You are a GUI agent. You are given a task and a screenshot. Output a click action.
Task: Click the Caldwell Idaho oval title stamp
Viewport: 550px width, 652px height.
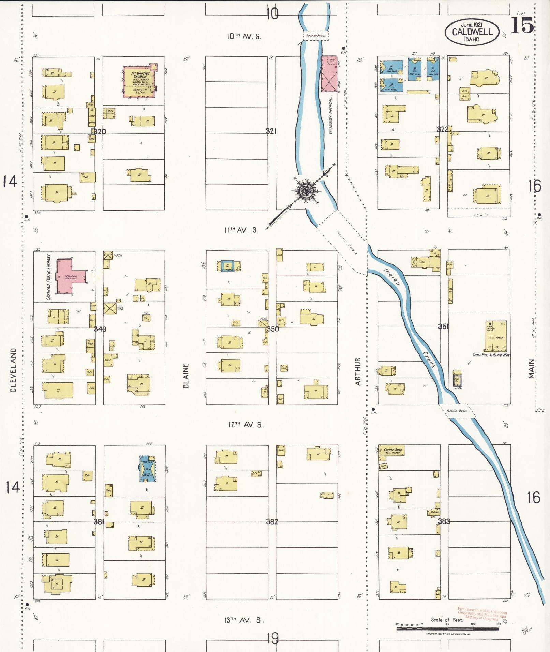(472, 32)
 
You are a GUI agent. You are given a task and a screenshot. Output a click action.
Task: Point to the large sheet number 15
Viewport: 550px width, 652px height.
(522, 26)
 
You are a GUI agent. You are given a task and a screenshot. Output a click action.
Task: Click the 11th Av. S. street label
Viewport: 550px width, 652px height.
(241, 230)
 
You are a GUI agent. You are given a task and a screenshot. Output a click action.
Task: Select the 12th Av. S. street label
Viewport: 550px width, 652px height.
(246, 425)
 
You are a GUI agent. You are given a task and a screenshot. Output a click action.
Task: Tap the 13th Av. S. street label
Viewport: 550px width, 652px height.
(244, 620)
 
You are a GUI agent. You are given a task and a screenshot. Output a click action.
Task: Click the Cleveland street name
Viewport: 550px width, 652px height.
(13, 370)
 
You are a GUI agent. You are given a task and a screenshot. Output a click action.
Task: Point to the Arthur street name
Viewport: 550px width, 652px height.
(358, 371)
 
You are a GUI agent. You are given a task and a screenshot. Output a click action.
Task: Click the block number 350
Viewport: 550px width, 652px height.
(273, 329)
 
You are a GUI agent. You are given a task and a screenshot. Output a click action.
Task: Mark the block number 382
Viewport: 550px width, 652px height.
(272, 521)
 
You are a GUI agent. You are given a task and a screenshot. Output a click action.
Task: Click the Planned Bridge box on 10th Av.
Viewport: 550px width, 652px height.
(316, 35)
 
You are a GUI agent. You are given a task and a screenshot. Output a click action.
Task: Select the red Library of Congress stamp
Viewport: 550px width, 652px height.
(482, 614)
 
